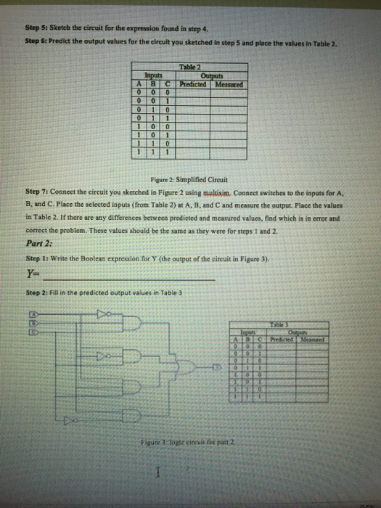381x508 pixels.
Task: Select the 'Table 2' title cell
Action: [188, 67]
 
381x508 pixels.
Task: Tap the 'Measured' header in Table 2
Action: [227, 83]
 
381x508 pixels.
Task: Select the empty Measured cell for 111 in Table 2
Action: [227, 152]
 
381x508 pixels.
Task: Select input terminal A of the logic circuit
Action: [33, 314]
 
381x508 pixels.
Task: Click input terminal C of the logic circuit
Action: [33, 330]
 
